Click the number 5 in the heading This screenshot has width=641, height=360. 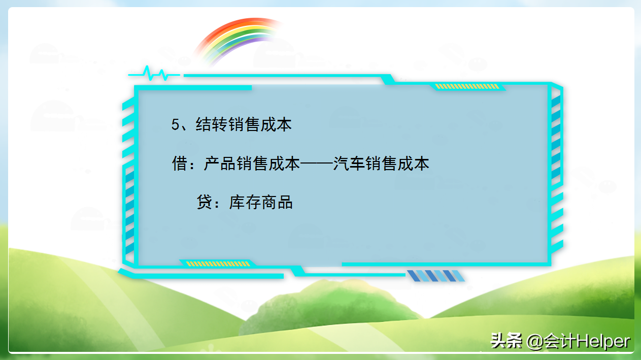click(x=176, y=125)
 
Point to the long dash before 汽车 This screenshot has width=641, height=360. click(x=317, y=164)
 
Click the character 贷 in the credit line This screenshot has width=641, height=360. click(x=204, y=203)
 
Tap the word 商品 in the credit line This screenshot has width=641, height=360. click(x=277, y=203)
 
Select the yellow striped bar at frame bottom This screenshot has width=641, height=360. click(x=218, y=264)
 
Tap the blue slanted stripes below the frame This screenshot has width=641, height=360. click(x=435, y=276)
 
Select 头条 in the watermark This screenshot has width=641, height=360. click(x=506, y=341)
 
